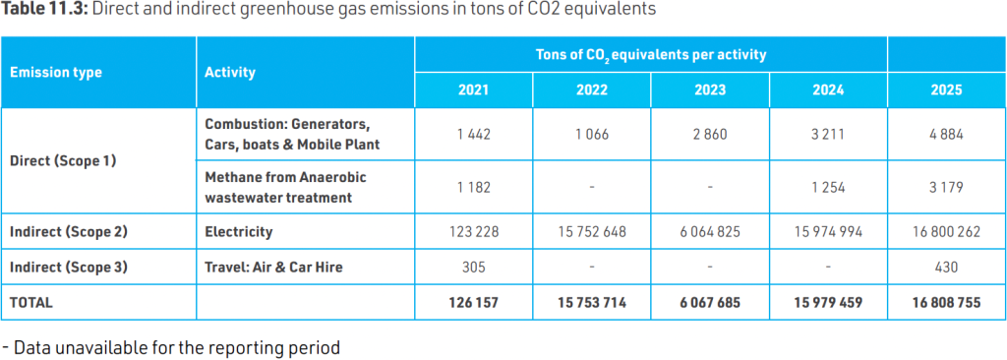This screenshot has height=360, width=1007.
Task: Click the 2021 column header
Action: (x=473, y=90)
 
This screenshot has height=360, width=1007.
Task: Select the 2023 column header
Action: (x=710, y=90)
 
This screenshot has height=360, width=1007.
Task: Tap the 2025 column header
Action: (x=947, y=90)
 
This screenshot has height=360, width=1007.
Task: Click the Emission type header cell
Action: (x=56, y=73)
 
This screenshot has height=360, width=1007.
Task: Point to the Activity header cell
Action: (x=230, y=73)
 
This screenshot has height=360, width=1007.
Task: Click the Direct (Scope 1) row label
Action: (x=63, y=160)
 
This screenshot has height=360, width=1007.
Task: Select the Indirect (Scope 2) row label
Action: (x=69, y=231)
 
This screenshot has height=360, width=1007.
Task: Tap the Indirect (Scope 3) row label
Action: (x=69, y=267)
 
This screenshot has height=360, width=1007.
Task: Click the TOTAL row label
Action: (x=31, y=302)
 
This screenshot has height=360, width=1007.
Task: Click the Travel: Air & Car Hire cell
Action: (x=273, y=267)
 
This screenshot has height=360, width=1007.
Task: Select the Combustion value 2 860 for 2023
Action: (x=710, y=136)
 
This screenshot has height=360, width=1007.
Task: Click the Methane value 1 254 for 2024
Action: (x=828, y=188)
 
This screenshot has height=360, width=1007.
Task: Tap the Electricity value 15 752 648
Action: (x=591, y=231)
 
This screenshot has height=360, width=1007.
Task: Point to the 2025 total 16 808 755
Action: (x=947, y=302)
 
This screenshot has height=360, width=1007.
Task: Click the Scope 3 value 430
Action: (x=947, y=267)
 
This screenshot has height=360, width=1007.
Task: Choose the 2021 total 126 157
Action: (x=473, y=302)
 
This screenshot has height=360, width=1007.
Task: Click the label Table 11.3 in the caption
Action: (x=45, y=11)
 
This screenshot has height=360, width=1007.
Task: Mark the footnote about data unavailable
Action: (x=171, y=348)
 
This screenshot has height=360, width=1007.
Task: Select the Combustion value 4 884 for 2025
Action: (x=947, y=136)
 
